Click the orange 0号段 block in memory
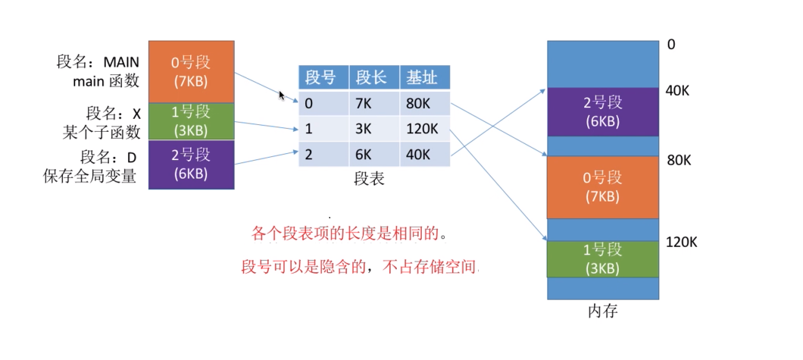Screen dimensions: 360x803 click(x=603, y=187)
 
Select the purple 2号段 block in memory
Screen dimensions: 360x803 click(x=603, y=111)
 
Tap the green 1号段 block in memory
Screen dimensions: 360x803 click(x=603, y=258)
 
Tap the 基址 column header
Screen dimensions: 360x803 click(x=424, y=77)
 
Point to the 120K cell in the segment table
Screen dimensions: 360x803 click(x=423, y=129)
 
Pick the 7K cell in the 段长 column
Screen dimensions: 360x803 click(x=366, y=103)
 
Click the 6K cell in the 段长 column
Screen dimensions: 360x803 click(x=366, y=155)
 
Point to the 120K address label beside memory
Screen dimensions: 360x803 click(x=682, y=243)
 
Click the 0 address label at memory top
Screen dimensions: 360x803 click(x=671, y=45)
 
